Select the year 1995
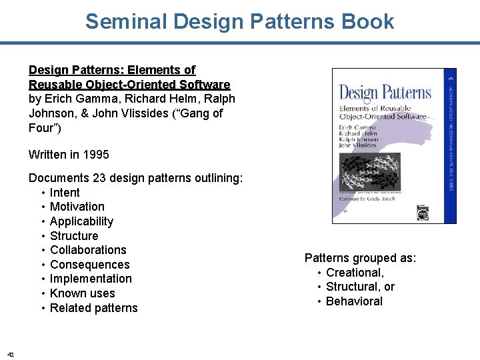[96, 155]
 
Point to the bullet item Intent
[65, 193]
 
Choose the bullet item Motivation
[77, 207]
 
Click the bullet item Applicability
[81, 221]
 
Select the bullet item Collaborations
[88, 250]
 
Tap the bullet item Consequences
[89, 265]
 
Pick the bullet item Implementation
[91, 279]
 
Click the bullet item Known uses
[82, 293]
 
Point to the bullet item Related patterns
[93, 308]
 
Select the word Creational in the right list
[355, 273]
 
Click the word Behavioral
[354, 301]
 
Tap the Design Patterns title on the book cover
[385, 93]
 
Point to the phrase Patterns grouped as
[360, 258]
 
